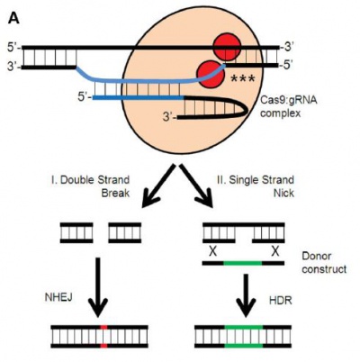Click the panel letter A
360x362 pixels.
(13, 18)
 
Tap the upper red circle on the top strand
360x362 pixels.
(227, 47)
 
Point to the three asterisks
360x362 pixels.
(242, 79)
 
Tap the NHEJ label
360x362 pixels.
(58, 297)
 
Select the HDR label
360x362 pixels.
(281, 300)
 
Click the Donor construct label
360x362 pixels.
(324, 263)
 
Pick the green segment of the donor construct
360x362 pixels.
(243, 263)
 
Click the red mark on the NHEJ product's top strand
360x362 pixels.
(103, 327)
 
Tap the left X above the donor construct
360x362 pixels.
(212, 251)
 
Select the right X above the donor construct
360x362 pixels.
(274, 251)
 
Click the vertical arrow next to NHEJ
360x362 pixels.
(98, 287)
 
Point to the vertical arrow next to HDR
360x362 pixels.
(246, 295)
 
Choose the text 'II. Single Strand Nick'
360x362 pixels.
(255, 186)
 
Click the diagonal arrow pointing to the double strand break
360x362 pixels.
(158, 186)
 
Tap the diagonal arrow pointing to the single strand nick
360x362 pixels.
(196, 186)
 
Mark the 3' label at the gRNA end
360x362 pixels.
(169, 117)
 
